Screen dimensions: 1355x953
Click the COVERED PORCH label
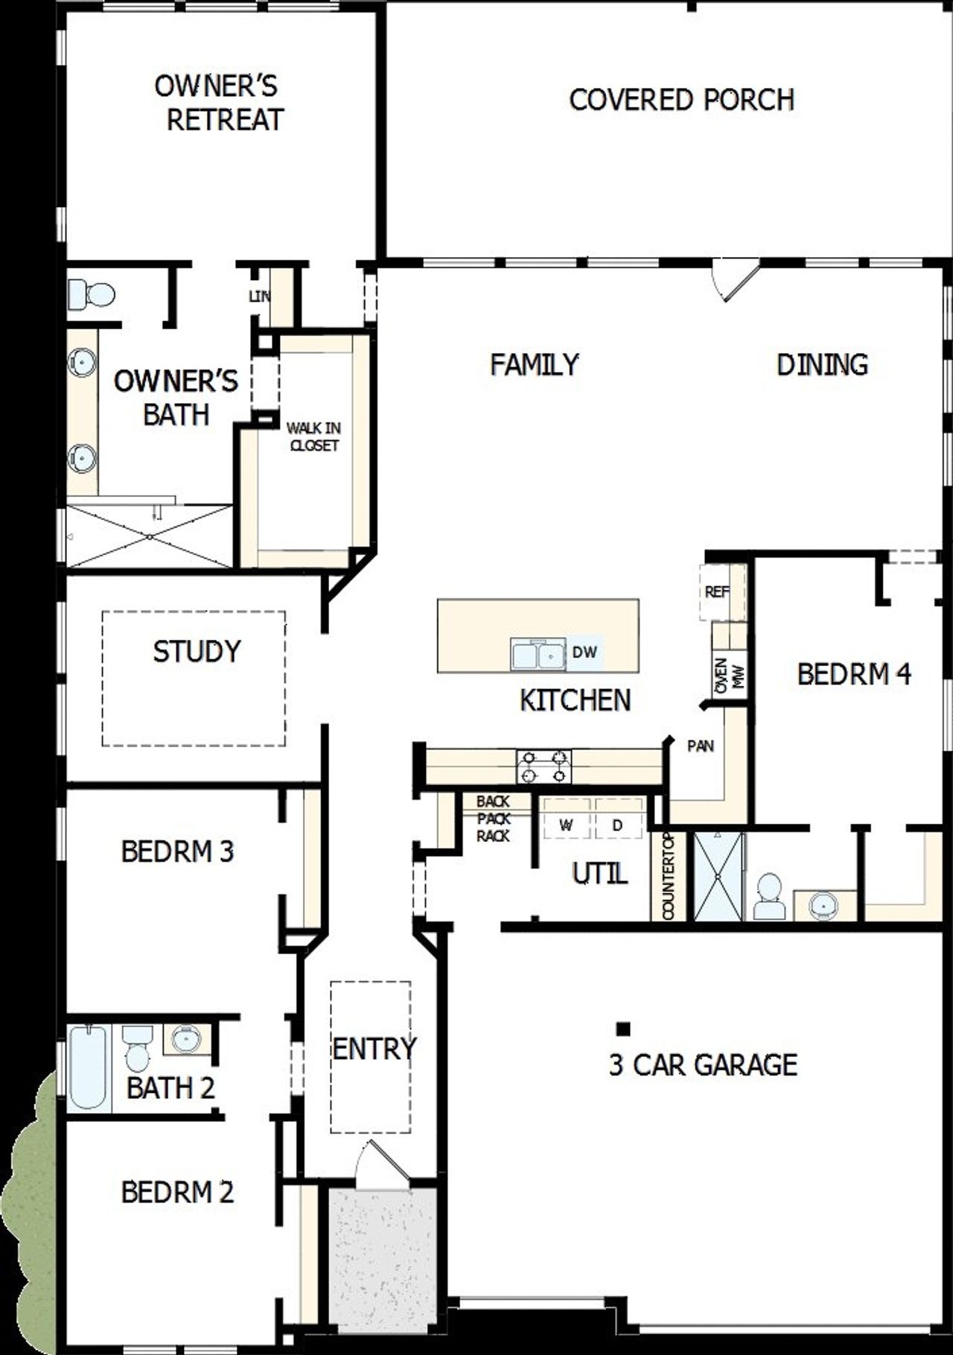point(681,100)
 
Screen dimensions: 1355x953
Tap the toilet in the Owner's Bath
point(90,295)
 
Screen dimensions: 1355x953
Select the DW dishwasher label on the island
point(584,653)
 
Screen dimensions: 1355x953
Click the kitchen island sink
point(537,656)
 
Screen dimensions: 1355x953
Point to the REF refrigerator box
point(716,592)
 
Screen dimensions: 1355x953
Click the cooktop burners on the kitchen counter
point(544,767)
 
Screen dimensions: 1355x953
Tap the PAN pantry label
point(700,746)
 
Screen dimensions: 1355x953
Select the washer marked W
point(567,825)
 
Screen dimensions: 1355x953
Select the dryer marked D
point(617,825)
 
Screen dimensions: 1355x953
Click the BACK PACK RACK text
point(493,819)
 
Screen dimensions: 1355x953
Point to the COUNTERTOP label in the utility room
point(667,876)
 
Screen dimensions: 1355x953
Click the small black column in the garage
point(623,1029)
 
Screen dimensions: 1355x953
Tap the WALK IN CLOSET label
point(313,437)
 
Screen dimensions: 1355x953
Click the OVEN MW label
point(730,676)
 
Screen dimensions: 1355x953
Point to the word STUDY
point(197,652)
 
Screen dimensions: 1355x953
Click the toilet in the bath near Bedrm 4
point(769,896)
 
